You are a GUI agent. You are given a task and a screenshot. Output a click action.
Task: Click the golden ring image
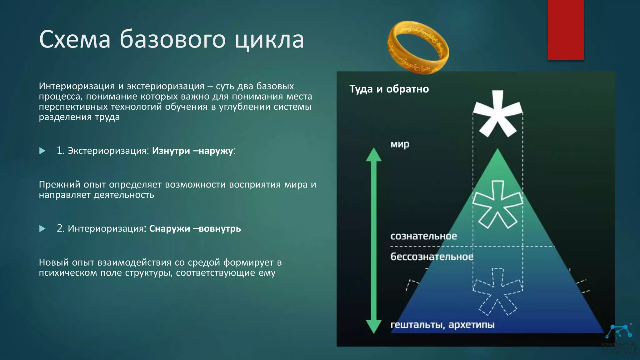point(418,47)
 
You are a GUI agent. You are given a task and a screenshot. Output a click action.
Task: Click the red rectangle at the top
point(566,30)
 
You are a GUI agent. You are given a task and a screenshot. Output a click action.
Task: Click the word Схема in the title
point(75,40)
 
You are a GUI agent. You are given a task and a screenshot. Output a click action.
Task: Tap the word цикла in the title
point(269,40)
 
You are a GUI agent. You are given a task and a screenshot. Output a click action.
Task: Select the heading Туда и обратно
point(389,89)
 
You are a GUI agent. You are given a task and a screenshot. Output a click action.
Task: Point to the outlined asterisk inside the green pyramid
point(497,205)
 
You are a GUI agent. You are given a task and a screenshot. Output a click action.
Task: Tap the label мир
point(400,144)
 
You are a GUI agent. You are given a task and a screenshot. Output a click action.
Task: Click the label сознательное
point(423,236)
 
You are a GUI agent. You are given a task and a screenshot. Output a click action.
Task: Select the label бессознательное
point(432,257)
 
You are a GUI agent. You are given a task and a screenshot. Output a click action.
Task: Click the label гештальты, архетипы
point(442,325)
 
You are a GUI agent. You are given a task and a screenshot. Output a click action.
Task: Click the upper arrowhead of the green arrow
point(374,155)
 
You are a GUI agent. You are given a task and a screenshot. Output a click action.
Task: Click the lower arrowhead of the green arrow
point(374,327)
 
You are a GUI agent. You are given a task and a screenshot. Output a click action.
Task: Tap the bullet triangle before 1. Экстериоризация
point(42,151)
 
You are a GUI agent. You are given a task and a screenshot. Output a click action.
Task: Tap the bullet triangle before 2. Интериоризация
point(42,229)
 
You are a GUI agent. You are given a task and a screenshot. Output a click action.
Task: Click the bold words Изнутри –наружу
point(192,151)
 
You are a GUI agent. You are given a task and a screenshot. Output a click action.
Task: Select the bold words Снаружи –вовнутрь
point(195,229)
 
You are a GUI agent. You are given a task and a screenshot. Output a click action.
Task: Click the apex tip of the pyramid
point(497,150)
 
